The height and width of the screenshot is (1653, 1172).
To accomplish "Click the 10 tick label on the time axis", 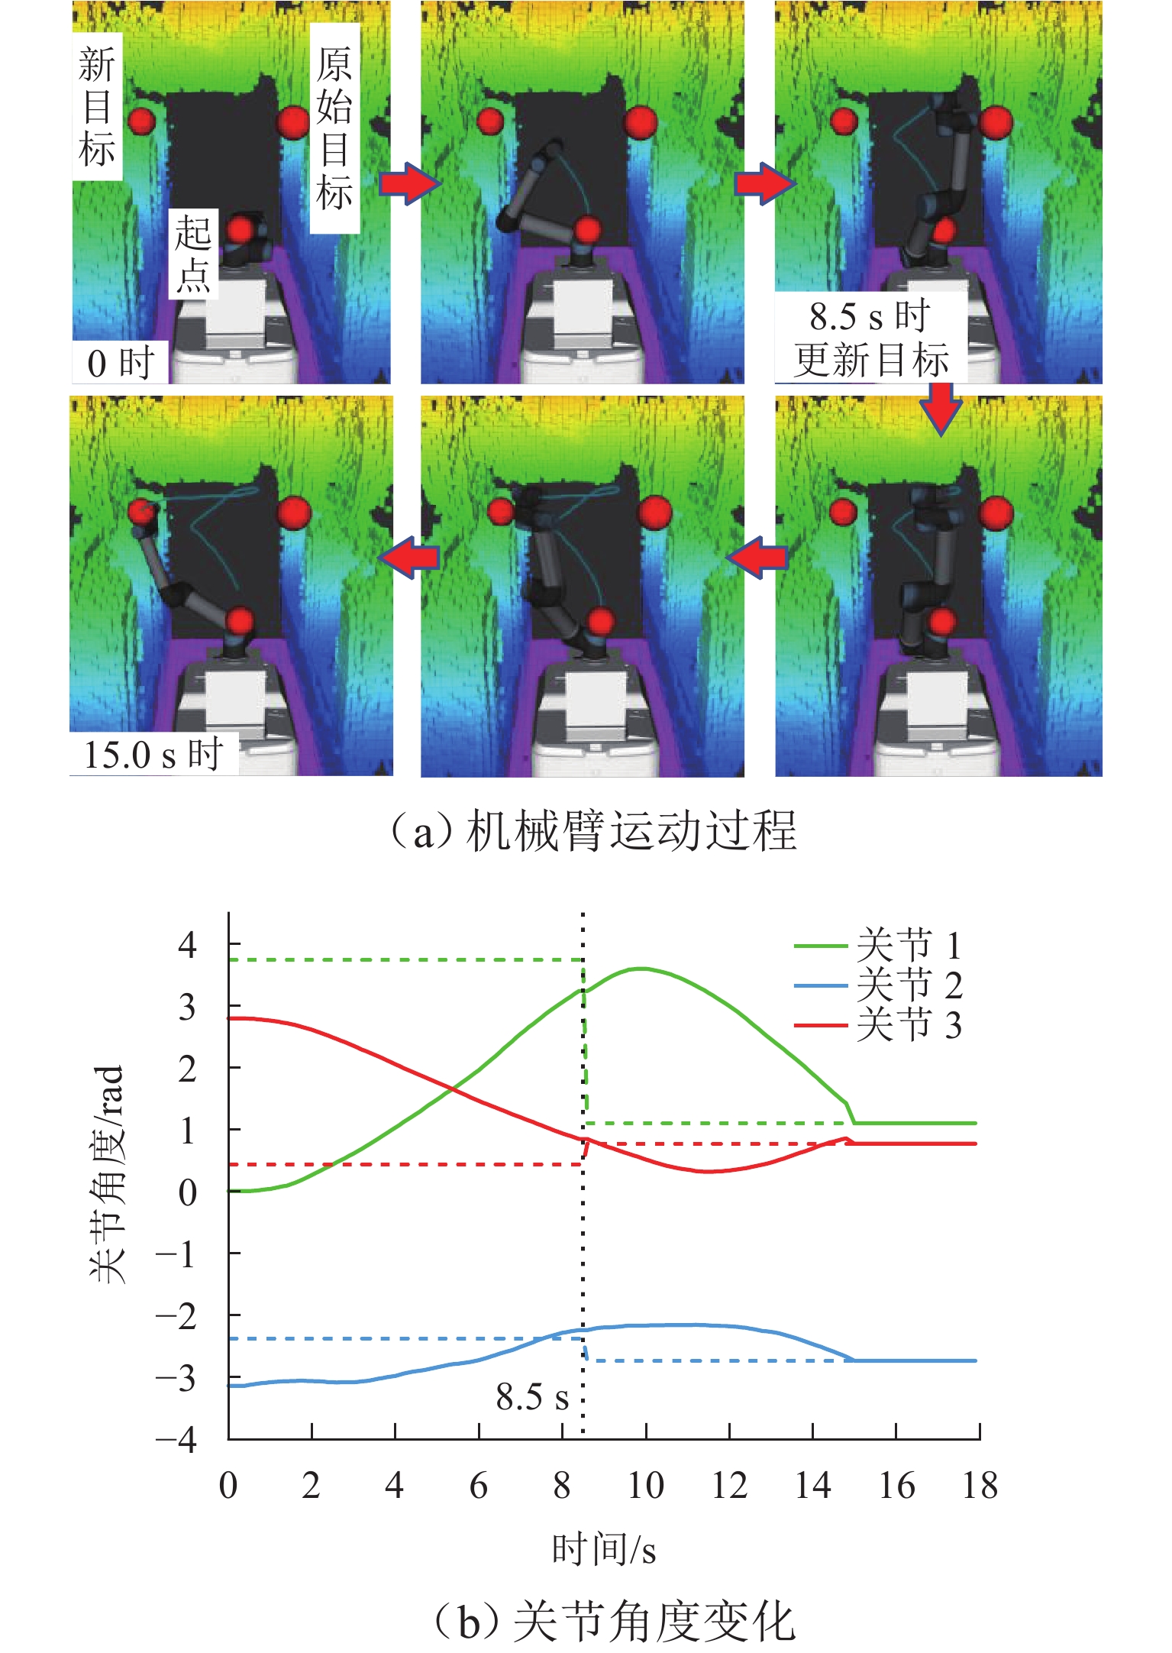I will [645, 1486].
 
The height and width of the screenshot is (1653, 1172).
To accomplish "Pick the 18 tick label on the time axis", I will [980, 1486].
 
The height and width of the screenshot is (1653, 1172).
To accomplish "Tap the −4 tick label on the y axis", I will [176, 1440].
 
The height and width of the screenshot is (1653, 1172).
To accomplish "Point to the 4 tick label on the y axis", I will [187, 946].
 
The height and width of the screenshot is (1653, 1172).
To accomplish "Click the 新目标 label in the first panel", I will [97, 106].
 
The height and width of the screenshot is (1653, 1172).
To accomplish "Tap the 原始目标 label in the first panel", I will [334, 128].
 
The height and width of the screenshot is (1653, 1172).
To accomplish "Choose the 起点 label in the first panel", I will [193, 254].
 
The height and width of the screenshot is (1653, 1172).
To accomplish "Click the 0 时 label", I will [121, 363].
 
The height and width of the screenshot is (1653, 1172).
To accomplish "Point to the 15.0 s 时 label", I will [153, 755].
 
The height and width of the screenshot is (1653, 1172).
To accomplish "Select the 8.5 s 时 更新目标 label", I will [870, 337].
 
